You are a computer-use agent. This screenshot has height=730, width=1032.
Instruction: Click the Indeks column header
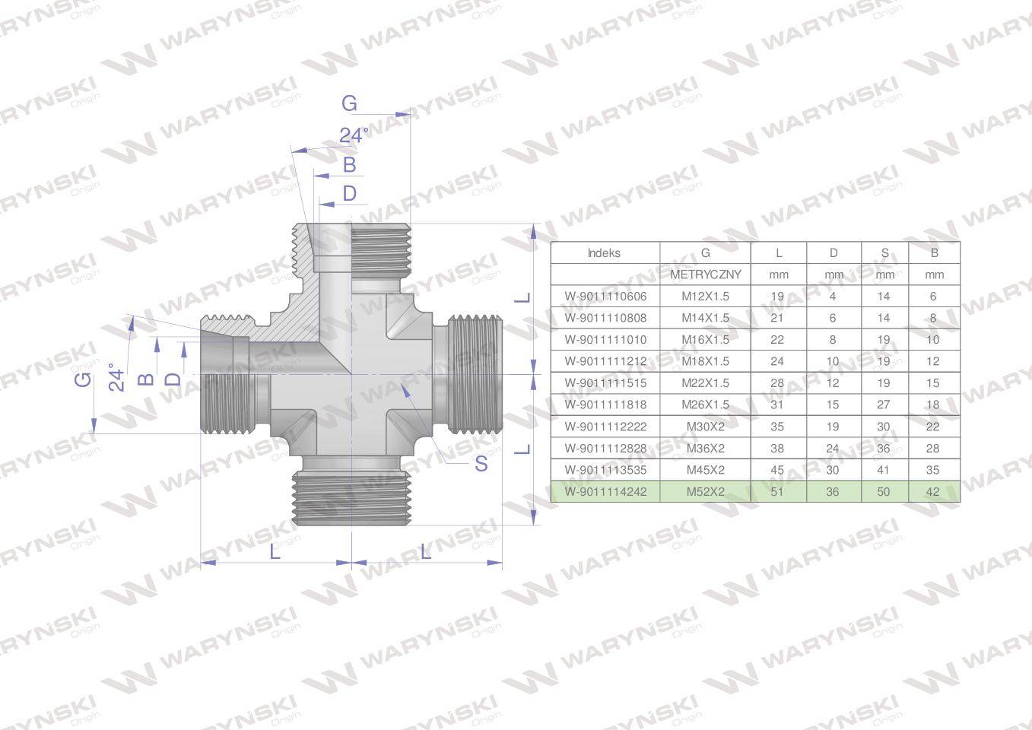coord(604,253)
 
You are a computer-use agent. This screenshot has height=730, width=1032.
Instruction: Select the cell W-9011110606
coord(605,297)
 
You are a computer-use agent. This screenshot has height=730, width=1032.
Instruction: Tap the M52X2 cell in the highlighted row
coord(705,492)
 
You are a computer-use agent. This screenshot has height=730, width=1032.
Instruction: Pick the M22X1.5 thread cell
coord(705,383)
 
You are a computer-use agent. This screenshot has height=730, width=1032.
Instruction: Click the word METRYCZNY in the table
coord(705,275)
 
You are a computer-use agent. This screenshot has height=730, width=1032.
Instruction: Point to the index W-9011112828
coord(605,449)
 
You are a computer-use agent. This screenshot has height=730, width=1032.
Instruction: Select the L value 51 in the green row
coord(777,492)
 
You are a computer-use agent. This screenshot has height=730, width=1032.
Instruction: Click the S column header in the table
coord(884,253)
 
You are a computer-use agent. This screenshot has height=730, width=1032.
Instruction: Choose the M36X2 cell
coord(705,449)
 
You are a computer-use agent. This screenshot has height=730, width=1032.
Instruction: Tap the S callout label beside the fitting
coord(481,464)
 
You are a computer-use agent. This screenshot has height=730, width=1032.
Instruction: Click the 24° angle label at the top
coord(354,135)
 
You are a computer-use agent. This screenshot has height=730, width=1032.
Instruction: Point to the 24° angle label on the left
coord(116,377)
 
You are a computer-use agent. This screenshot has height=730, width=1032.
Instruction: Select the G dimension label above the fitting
coord(348,103)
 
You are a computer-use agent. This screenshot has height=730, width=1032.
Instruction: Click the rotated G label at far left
coord(83,378)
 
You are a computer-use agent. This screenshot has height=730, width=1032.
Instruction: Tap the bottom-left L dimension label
coord(275,551)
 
